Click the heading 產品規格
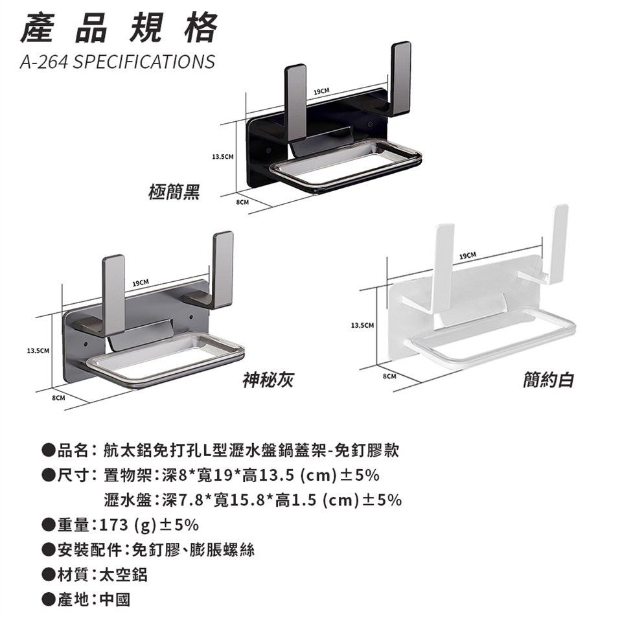point(119,29)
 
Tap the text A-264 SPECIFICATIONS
point(117,62)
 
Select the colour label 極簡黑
point(174,192)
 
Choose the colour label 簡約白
point(549,379)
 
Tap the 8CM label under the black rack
point(242,203)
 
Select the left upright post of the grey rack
point(113,288)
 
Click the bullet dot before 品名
point(47,450)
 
